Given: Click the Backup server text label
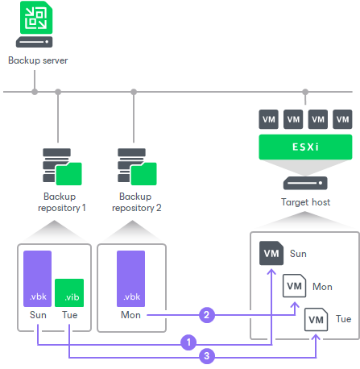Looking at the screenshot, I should pyautogui.click(x=37, y=60).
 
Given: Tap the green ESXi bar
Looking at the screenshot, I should pyautogui.click(x=304, y=147).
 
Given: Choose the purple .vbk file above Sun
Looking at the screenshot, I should pyautogui.click(x=37, y=278).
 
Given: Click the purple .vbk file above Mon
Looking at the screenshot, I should pyautogui.click(x=130, y=278).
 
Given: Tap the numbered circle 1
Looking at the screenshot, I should pyautogui.click(x=189, y=342).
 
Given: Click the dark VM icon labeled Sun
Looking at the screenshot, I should pyautogui.click(x=271, y=254).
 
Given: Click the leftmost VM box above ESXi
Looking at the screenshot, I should pyautogui.click(x=267, y=119).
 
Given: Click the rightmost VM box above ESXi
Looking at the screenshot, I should pyautogui.click(x=342, y=119).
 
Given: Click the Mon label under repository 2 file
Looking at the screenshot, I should pyautogui.click(x=130, y=315).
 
